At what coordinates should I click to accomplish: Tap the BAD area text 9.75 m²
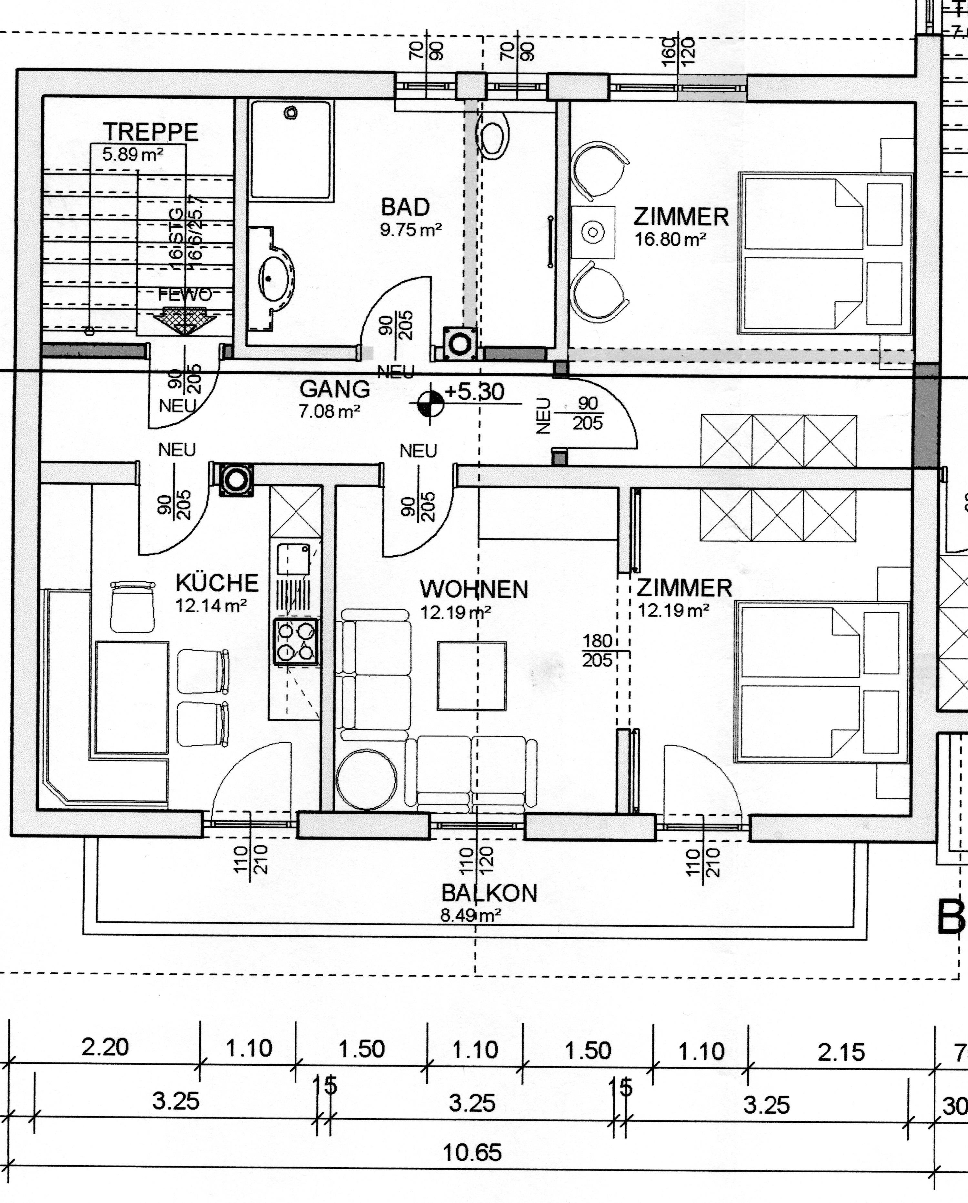(x=411, y=229)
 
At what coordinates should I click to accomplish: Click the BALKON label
(x=489, y=894)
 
